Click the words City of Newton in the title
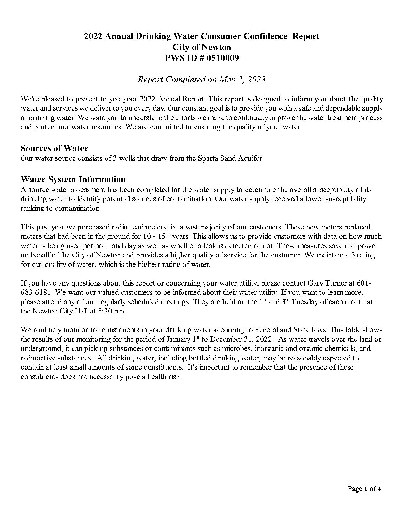point(202,47)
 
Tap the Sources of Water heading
point(54,148)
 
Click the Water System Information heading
point(73,179)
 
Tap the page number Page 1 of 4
point(364,488)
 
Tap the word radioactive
point(38,358)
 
